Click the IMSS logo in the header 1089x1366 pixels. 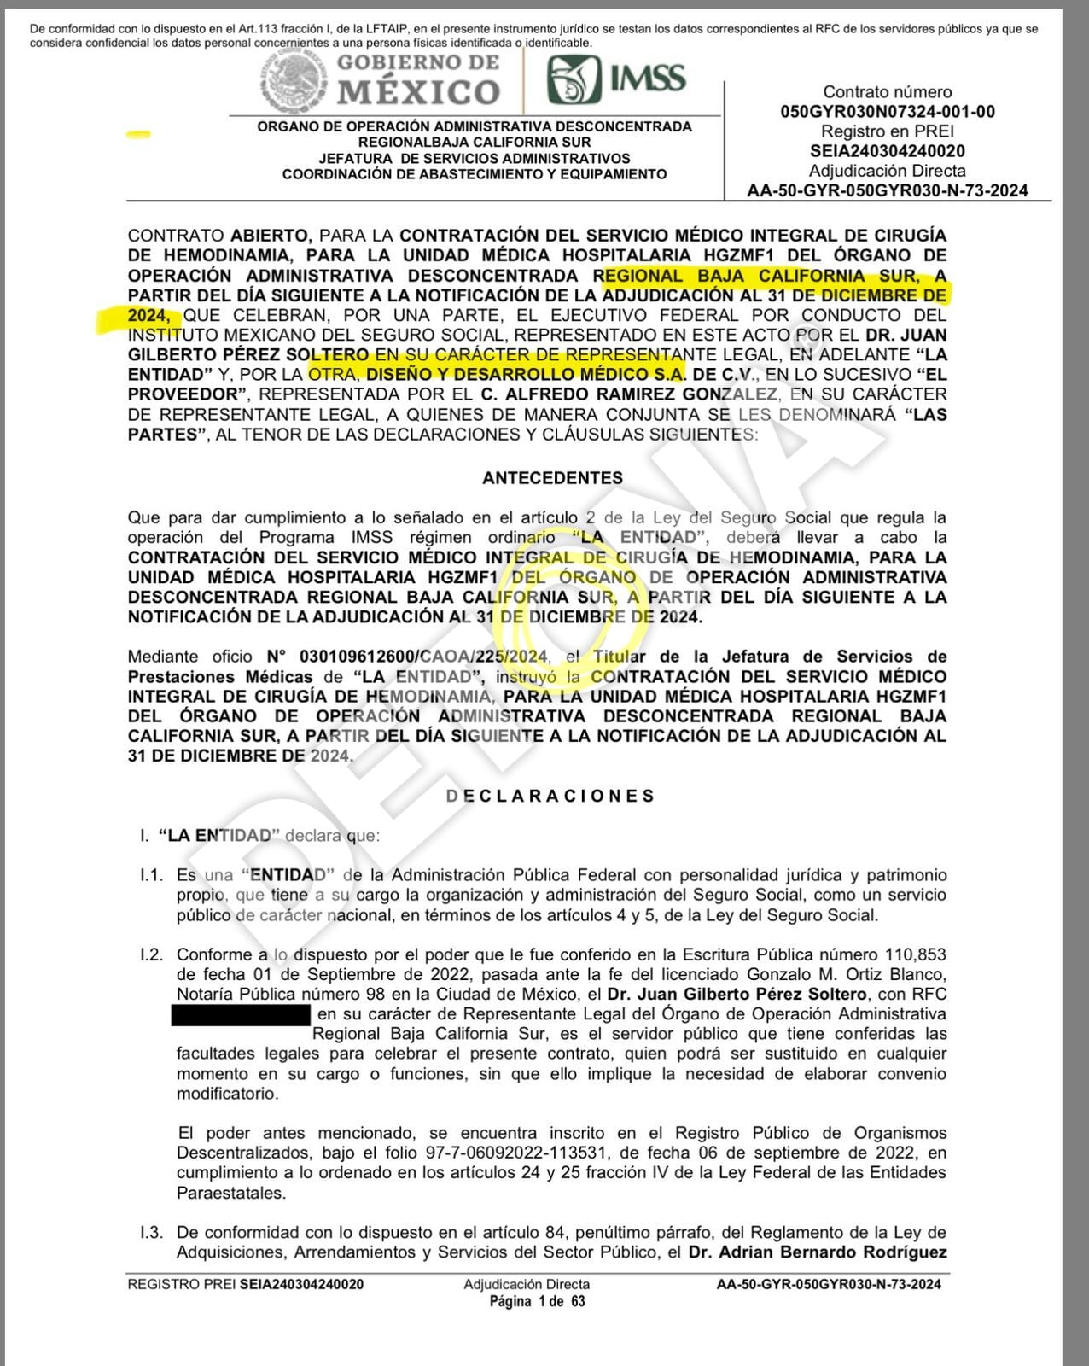(x=616, y=79)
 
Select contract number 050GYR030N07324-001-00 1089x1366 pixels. (x=887, y=112)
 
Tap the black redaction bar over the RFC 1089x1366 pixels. (x=241, y=1014)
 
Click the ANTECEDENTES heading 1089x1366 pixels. (x=552, y=478)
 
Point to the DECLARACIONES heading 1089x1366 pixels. (x=551, y=796)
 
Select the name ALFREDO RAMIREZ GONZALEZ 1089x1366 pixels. (x=641, y=394)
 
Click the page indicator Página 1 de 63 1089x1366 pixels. (x=537, y=1302)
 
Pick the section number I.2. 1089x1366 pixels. (x=151, y=954)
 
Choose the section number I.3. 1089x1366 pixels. (x=151, y=1232)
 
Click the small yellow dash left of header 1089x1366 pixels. (x=138, y=134)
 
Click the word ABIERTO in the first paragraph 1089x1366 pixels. (x=271, y=236)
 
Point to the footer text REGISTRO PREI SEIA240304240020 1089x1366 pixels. (x=245, y=1284)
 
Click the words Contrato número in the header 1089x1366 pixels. (x=887, y=92)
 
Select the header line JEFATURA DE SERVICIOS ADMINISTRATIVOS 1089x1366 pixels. (x=474, y=158)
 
